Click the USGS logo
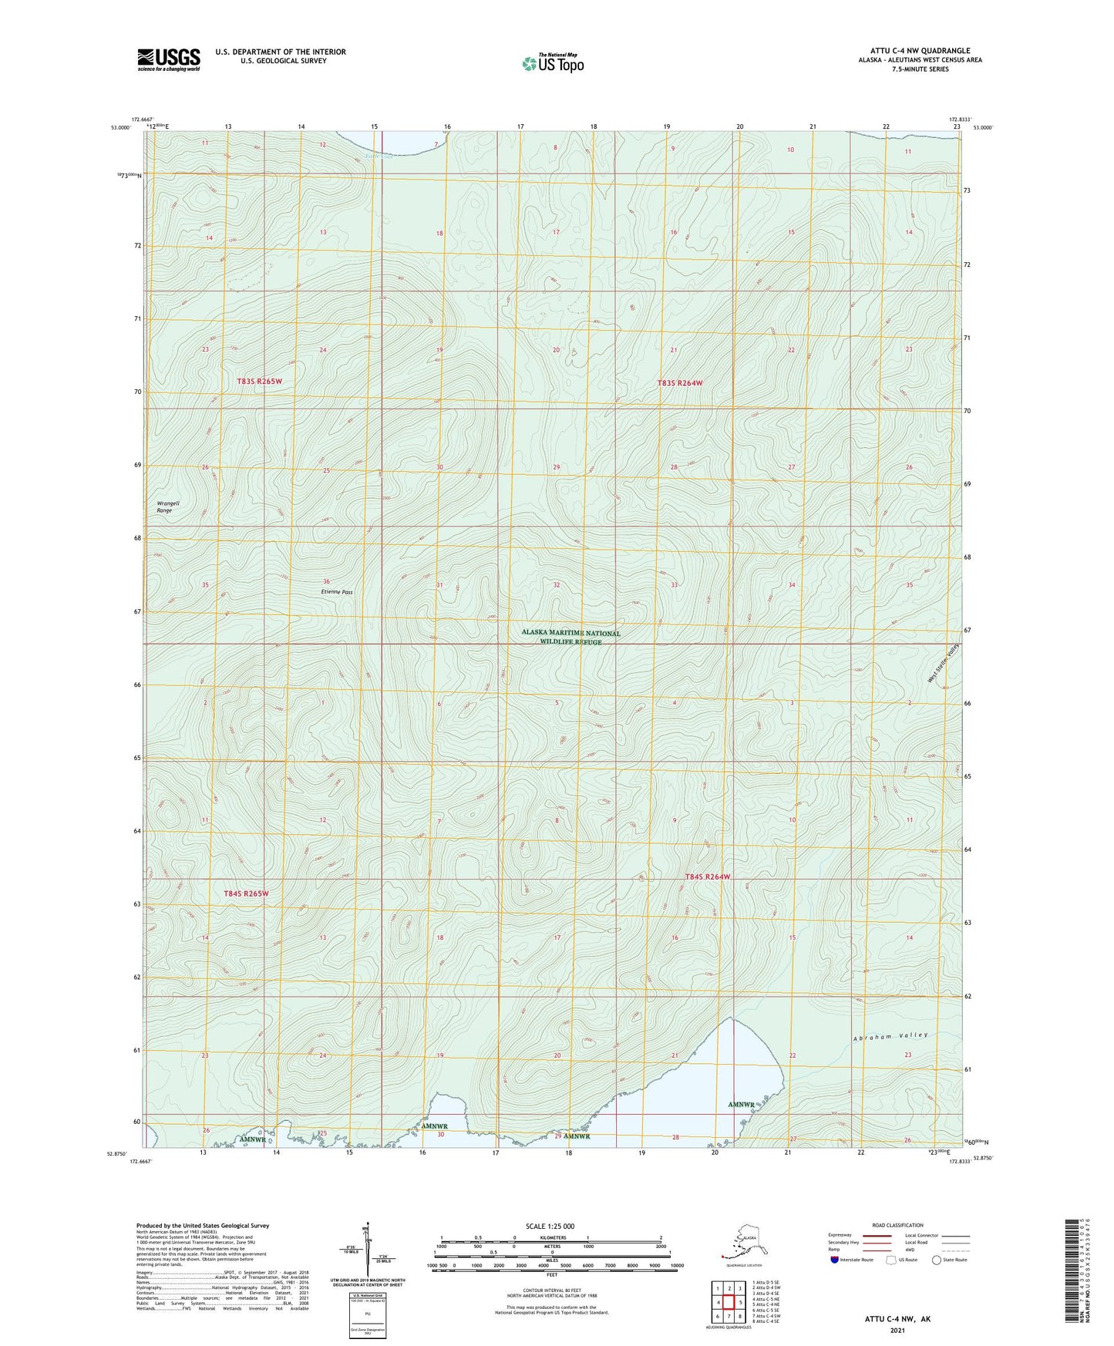169,59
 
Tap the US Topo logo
552,63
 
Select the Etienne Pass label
336,591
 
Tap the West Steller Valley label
943,663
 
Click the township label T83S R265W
260,382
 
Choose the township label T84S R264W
707,877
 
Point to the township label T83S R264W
680,383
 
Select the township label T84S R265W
246,893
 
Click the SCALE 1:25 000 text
550,1226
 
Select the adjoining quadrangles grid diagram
729,1302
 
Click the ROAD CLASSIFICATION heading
897,1225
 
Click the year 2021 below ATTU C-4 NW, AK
897,1330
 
